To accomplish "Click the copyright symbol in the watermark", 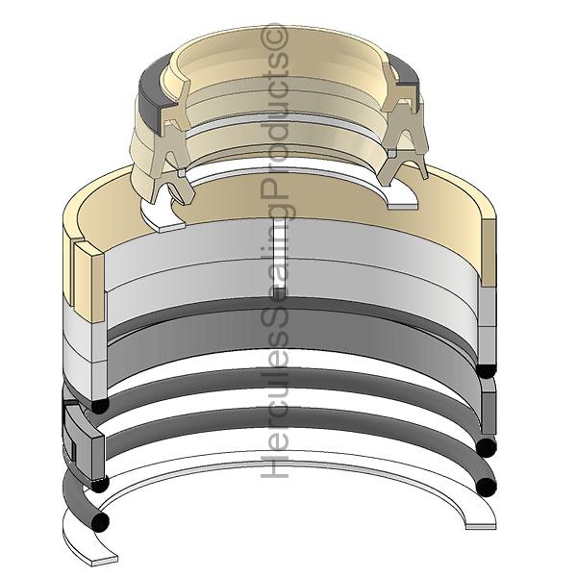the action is [x=274, y=37].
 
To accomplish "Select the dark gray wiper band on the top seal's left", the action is [x=152, y=94].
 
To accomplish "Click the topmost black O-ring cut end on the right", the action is [x=486, y=370].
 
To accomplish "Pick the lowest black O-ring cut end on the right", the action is [x=486, y=488].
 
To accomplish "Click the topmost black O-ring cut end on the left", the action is [x=100, y=405].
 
